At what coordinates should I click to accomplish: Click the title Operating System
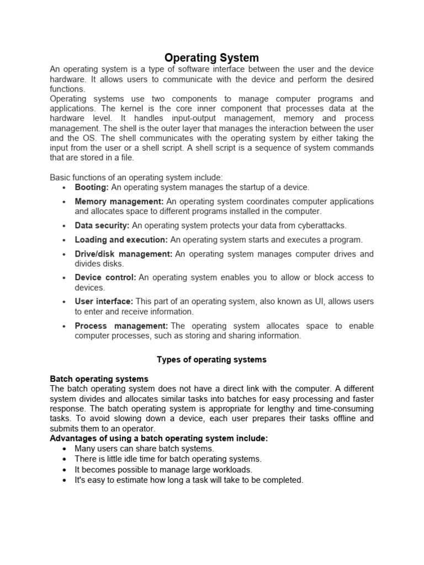(212, 57)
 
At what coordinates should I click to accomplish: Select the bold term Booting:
(92, 187)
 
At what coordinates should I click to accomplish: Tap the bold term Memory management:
(119, 201)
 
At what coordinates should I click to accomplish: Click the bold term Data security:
(102, 225)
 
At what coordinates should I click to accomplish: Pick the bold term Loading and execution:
(121, 239)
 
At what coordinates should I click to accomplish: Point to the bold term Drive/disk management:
(123, 254)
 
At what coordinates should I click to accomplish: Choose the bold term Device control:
(105, 278)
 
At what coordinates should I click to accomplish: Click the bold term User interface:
(103, 301)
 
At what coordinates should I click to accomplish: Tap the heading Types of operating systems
(211, 359)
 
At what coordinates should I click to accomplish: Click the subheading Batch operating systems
(99, 379)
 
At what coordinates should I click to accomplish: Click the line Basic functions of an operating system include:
(136, 177)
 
